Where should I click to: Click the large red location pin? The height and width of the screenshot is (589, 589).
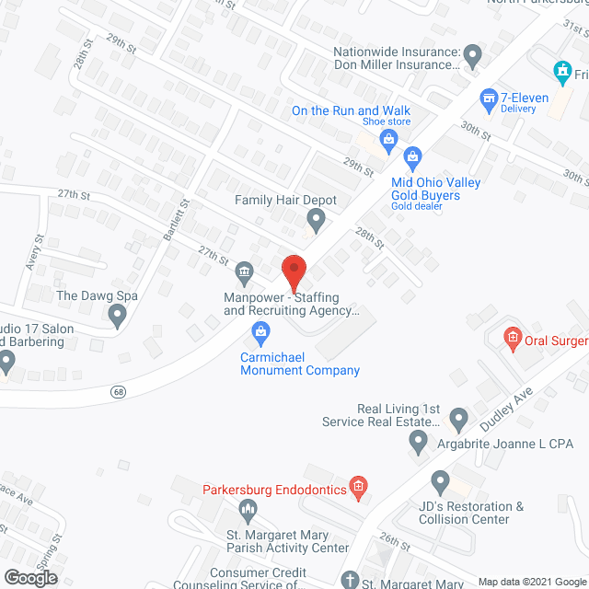(293, 271)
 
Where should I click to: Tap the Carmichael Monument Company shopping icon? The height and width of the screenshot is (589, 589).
(260, 330)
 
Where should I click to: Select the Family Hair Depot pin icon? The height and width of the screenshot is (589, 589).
(316, 219)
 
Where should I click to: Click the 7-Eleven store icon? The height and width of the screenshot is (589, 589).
(490, 97)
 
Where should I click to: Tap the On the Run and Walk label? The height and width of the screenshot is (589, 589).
(351, 110)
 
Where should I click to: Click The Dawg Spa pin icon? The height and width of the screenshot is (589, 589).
(117, 317)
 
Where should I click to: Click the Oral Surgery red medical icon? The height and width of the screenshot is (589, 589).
(513, 341)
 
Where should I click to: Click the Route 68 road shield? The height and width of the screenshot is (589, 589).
(118, 391)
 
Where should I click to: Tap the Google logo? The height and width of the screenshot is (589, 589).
(30, 577)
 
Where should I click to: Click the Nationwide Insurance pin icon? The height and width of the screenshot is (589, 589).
(472, 58)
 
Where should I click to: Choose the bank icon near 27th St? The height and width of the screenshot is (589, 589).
(245, 271)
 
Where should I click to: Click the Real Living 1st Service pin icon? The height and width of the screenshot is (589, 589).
(457, 422)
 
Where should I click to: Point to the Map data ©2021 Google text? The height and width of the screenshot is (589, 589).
(532, 582)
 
